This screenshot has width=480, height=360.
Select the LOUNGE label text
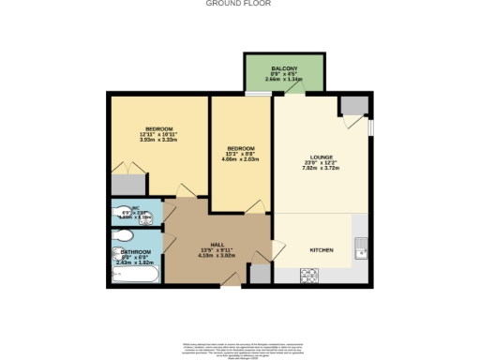(x=322, y=157)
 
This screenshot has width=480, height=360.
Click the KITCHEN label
(x=322, y=250)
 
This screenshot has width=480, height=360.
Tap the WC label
(x=135, y=209)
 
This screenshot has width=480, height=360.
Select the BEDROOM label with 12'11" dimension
(x=157, y=128)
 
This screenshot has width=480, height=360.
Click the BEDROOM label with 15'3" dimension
(x=239, y=148)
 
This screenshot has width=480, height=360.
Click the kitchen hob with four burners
(x=309, y=275)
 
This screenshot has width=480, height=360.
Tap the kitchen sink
(x=360, y=248)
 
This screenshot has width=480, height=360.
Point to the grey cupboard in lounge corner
(x=353, y=105)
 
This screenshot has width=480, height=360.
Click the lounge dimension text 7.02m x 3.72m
(x=322, y=170)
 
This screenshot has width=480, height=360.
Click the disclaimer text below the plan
(x=240, y=346)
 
